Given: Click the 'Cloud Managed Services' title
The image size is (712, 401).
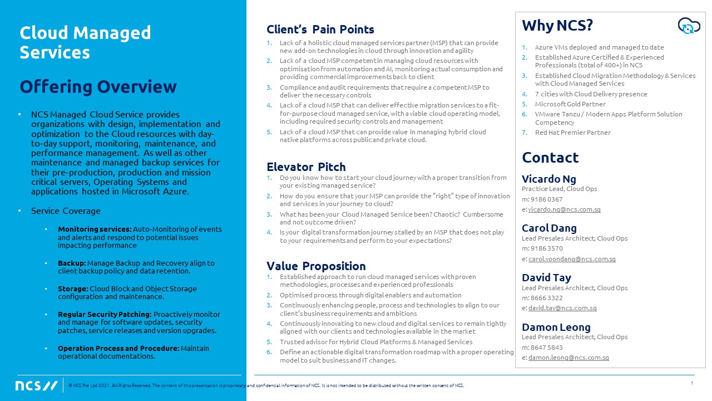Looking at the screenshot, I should click(85, 42).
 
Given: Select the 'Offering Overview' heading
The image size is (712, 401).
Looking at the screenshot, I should click(98, 87).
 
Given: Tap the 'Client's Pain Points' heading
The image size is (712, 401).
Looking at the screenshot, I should click(320, 30).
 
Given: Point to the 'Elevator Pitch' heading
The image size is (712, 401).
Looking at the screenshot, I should click(306, 167).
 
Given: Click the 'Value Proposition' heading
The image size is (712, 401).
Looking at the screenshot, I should click(316, 266).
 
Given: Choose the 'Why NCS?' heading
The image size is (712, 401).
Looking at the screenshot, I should click(557, 26).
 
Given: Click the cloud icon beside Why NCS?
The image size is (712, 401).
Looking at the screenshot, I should click(689, 26).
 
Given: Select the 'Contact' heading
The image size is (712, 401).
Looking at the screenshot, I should click(550, 158).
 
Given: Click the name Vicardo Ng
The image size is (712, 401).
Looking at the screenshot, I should click(549, 179).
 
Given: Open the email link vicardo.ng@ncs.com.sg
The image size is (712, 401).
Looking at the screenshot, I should click(564, 209).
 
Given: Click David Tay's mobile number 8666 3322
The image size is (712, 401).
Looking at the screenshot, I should click(547, 298).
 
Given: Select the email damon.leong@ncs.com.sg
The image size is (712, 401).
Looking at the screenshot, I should click(568, 358).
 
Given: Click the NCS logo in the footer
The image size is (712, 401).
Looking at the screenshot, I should click(36, 386).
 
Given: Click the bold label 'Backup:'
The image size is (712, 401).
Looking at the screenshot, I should click(72, 263).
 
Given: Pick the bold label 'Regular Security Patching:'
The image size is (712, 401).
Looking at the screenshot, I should click(105, 314).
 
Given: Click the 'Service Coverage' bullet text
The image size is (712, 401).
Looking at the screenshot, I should click(66, 211).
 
